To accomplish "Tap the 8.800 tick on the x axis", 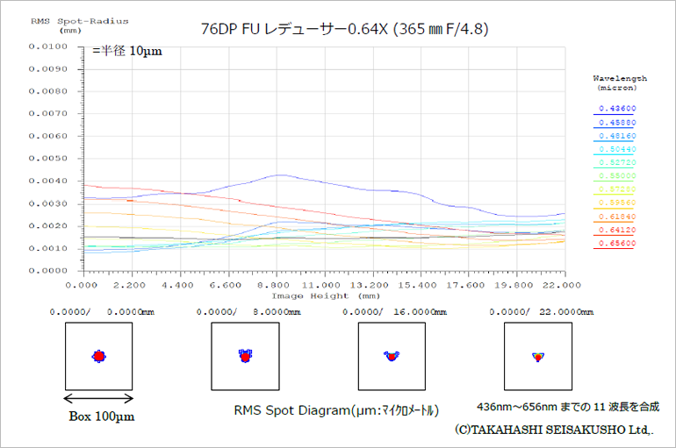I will [277, 285].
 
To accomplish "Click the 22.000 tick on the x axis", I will [562, 285].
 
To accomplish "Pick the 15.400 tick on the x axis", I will [419, 285].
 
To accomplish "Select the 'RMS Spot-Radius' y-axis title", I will [68, 19].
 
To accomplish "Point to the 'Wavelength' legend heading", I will [620, 78].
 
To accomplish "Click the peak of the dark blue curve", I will [279, 174].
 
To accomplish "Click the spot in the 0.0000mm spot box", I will [99, 356].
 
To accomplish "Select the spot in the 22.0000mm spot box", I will [537, 356].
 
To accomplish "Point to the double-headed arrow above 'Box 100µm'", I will [98, 399].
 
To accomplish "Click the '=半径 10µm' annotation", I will [127, 51].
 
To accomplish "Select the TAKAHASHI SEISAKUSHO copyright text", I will [555, 430].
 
